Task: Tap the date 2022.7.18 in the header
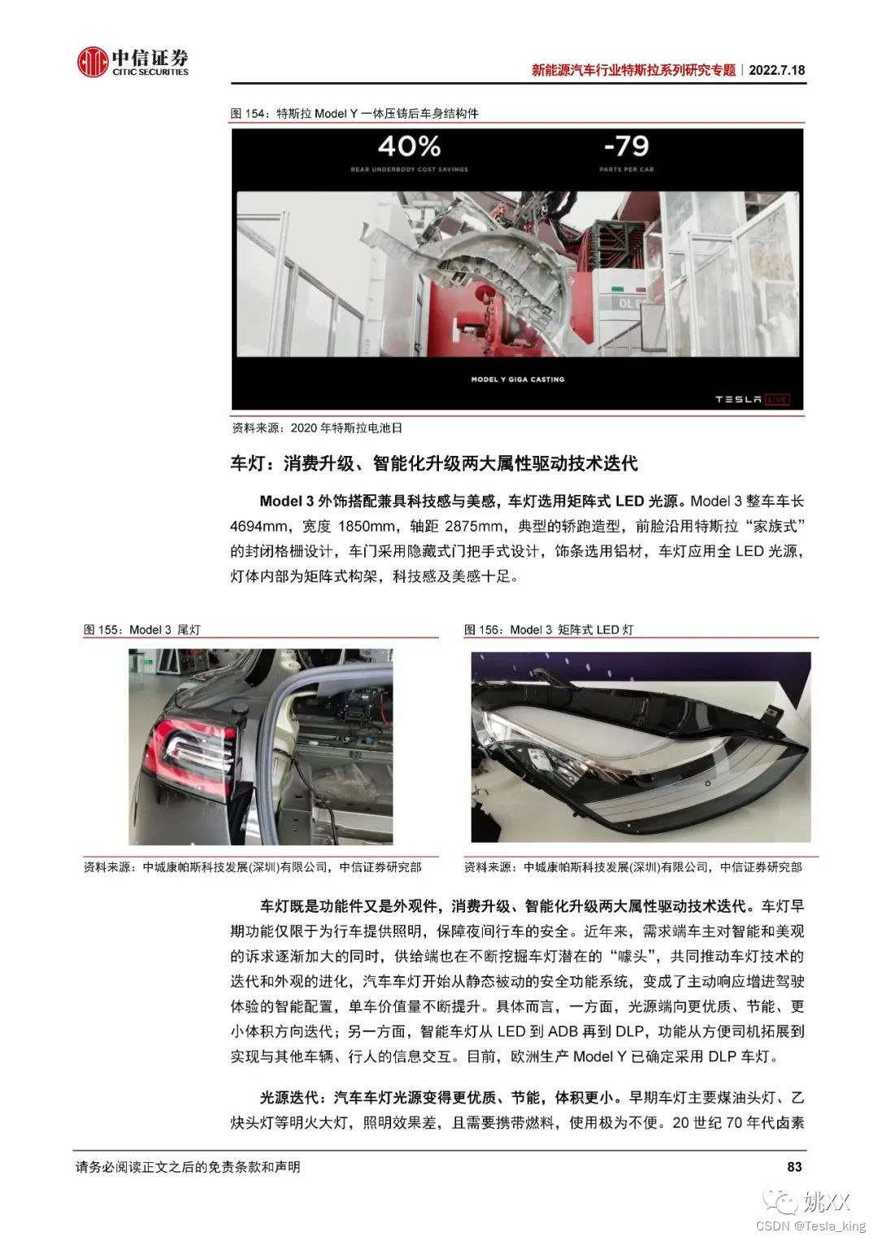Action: [776, 70]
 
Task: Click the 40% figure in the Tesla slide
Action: [409, 146]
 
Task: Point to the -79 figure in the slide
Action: [626, 146]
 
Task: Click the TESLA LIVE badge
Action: [752, 398]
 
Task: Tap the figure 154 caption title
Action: [354, 114]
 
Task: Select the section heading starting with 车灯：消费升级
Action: [434, 464]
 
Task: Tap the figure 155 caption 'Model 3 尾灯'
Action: [142, 630]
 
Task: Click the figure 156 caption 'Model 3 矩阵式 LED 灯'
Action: [549, 630]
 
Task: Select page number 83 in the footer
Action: [794, 1167]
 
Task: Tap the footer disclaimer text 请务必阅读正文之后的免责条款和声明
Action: [188, 1167]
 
